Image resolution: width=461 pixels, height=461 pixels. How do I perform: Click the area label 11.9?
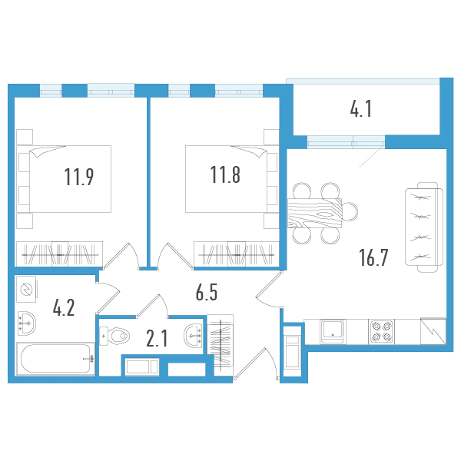[79, 177]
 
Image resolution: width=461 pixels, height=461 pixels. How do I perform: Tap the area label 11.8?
[225, 176]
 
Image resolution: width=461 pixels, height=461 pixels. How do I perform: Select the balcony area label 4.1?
[361, 110]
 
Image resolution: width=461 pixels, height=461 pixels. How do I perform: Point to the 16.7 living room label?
[373, 257]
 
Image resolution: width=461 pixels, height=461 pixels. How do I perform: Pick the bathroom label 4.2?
[63, 308]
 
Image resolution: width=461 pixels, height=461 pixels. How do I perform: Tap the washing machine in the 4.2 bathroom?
[28, 290]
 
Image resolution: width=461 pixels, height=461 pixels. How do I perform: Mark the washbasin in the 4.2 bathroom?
[27, 323]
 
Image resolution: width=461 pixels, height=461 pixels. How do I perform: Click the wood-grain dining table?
[314, 213]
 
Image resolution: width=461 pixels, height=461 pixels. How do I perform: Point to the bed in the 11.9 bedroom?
[71, 178]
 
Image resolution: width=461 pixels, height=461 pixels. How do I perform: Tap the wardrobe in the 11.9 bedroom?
[59, 253]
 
